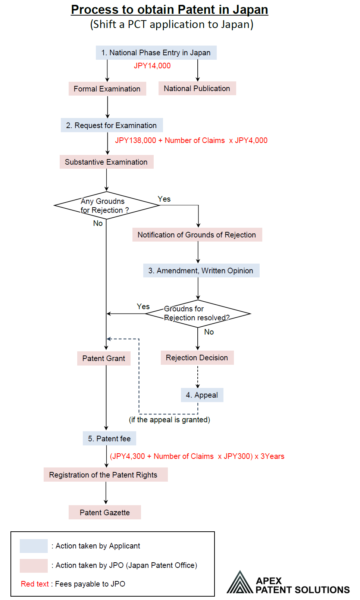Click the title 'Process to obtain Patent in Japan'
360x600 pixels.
coord(169,10)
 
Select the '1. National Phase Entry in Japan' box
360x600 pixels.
coord(156,53)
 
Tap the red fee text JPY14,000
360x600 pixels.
coord(152,66)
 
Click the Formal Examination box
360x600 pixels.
coord(107,89)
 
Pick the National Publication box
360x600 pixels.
coord(197,88)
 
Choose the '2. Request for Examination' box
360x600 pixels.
coord(112,125)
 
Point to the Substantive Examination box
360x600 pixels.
coord(106,162)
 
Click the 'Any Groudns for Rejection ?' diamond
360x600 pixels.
coord(106,205)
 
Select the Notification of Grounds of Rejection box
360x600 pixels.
coord(197,235)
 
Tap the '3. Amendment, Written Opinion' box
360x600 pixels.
coord(201,271)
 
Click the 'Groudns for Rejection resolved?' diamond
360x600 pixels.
coord(198,314)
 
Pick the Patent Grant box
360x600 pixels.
coord(104,358)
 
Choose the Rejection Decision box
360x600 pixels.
coord(197,358)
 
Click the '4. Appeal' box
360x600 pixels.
coord(202,395)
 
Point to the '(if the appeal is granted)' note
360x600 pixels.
coord(169,420)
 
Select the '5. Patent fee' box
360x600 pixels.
coord(109,439)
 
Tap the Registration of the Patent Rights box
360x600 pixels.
coord(105,475)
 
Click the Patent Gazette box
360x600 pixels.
coord(105,513)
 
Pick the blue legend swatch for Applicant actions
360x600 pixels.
coord(34,546)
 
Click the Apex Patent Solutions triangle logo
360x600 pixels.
coord(240,583)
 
